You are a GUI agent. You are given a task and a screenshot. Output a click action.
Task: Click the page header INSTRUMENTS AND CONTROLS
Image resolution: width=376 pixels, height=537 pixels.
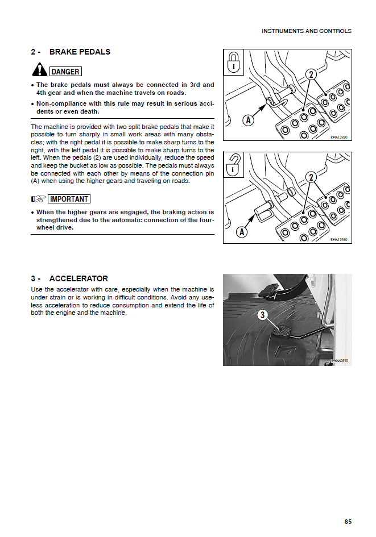pyautogui.click(x=306, y=31)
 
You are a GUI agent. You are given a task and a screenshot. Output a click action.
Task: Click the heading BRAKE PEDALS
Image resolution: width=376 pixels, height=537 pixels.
pyautogui.click(x=80, y=52)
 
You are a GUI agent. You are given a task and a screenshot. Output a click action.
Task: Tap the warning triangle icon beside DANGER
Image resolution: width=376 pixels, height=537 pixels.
pyautogui.click(x=39, y=70)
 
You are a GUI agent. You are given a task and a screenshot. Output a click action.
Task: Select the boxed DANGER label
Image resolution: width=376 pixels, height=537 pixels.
pyautogui.click(x=65, y=72)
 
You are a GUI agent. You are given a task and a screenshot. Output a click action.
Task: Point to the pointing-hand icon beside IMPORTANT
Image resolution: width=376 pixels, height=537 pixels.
pyautogui.click(x=38, y=199)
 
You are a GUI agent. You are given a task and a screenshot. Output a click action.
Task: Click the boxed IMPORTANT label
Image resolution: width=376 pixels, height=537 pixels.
pyautogui.click(x=69, y=199)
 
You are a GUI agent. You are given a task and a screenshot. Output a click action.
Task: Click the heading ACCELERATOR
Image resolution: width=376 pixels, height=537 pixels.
pyautogui.click(x=78, y=278)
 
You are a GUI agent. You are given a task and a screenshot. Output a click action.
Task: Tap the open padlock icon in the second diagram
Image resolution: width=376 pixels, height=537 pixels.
pyautogui.click(x=233, y=164)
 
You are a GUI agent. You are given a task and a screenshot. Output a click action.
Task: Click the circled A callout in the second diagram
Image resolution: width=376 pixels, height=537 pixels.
pyautogui.click(x=243, y=231)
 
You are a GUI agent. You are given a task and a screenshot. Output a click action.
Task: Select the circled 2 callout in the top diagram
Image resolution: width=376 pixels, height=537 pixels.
pyautogui.click(x=311, y=74)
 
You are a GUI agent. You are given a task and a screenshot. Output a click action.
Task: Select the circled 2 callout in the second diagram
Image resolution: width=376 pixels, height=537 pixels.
pyautogui.click(x=311, y=177)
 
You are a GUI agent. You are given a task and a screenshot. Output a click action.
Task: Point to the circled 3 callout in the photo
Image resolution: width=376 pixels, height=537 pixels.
pyautogui.click(x=262, y=315)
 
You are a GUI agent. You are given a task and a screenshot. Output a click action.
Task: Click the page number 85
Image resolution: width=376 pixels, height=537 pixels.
pyautogui.click(x=348, y=522)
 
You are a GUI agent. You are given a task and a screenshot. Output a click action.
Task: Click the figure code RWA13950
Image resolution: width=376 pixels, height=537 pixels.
pyautogui.click(x=339, y=136)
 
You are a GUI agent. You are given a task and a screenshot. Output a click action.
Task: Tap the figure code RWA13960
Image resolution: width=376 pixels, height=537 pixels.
pyautogui.click(x=339, y=239)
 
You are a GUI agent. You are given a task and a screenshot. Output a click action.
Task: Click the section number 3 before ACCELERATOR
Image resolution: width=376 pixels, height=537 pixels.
pyautogui.click(x=34, y=278)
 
